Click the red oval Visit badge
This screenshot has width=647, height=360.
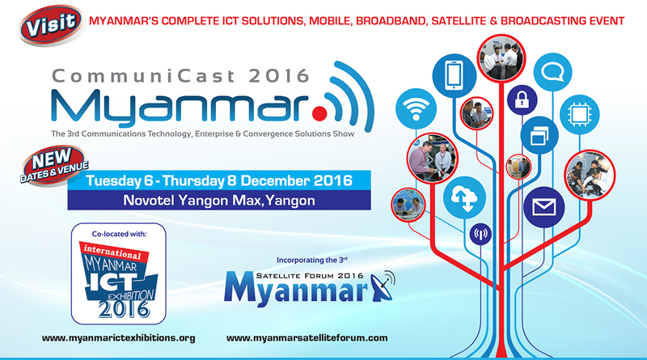click(51, 25)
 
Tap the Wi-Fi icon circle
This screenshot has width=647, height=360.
click(416, 108)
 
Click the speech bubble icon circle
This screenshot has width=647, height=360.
click(552, 72)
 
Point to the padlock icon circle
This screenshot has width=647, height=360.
click(522, 100)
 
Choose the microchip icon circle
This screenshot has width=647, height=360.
click(579, 114)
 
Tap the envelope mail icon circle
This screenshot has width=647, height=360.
click(543, 207)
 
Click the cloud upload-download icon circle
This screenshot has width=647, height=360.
click(464, 197)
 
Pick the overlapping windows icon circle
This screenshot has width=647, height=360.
click(539, 135)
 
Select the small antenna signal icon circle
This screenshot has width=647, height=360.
click(480, 234)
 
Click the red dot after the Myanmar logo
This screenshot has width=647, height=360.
click(319, 113)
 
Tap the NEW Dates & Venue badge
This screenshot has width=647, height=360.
click(54, 166)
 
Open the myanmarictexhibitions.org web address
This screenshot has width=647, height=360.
click(118, 337)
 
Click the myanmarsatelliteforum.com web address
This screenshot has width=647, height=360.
click(307, 337)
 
